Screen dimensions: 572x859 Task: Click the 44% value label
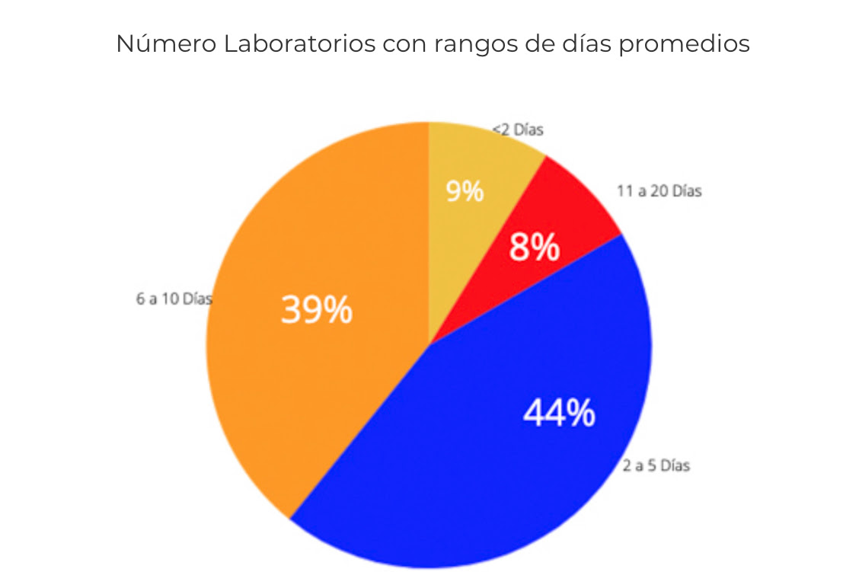click(x=559, y=413)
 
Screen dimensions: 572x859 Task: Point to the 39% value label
click(x=317, y=310)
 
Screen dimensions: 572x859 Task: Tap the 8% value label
click(x=535, y=248)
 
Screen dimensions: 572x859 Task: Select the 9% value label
click(x=465, y=191)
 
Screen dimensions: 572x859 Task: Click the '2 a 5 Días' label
click(x=656, y=465)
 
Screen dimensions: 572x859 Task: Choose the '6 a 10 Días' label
click(x=174, y=299)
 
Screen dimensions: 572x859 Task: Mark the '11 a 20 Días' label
click(x=659, y=191)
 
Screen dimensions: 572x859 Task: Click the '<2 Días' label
click(x=519, y=129)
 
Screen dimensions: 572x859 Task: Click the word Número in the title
click(x=165, y=44)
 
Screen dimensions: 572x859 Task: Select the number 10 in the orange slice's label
click(x=172, y=299)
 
